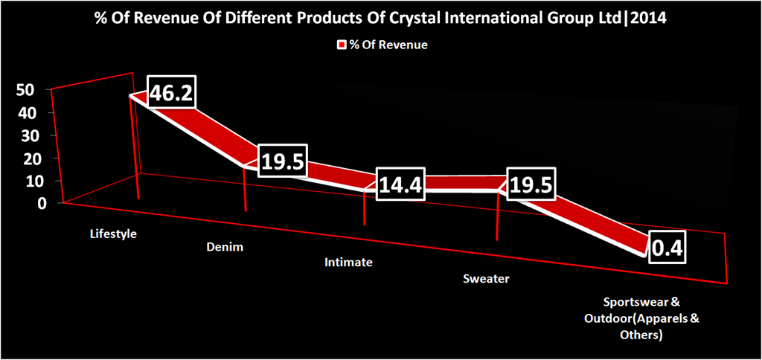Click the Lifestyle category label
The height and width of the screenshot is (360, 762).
[x=114, y=234]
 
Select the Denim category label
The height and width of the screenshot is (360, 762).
[x=225, y=246]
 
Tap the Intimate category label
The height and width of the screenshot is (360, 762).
[x=348, y=263]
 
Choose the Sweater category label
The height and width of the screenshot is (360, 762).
[x=486, y=279]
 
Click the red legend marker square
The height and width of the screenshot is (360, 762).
[x=344, y=45]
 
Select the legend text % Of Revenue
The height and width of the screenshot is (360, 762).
[x=390, y=45]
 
